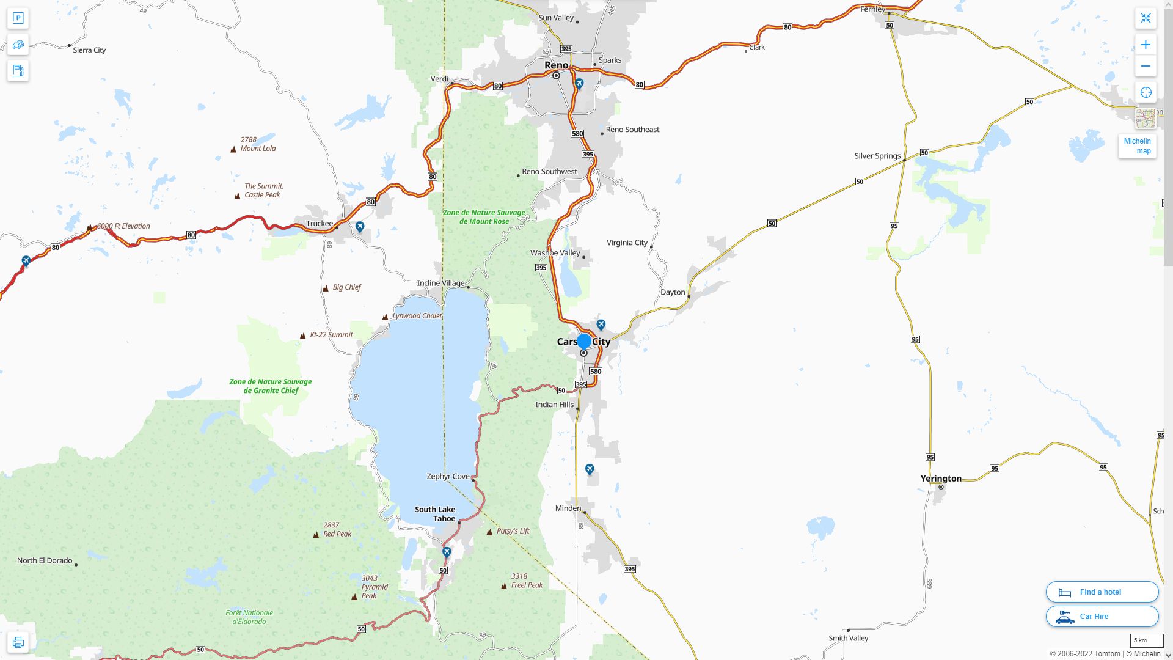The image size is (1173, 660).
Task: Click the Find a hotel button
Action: (1102, 592)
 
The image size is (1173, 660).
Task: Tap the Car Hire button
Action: (1102, 616)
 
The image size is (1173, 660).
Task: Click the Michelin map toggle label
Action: (1137, 146)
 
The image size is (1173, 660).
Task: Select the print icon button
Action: (18, 642)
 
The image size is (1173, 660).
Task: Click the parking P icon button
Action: (18, 18)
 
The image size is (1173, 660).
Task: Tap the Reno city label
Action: (556, 65)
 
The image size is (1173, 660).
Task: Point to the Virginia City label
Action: (627, 243)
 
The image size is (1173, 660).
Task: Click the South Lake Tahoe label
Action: (435, 514)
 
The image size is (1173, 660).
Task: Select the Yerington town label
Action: (941, 479)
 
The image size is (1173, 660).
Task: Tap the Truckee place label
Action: (320, 224)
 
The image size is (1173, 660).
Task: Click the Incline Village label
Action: (440, 283)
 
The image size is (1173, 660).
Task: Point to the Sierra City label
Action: (89, 50)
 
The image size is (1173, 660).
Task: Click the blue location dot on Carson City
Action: (584, 341)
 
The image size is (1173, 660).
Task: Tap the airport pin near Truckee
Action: (360, 227)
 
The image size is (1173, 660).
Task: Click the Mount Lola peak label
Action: (258, 144)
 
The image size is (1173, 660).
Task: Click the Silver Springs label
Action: (877, 156)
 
